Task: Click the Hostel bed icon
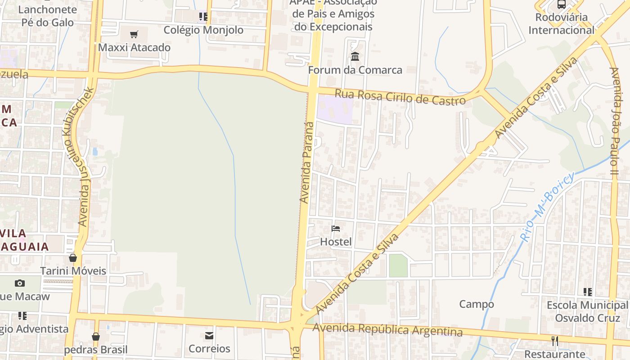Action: (336, 228)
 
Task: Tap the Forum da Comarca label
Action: (355, 70)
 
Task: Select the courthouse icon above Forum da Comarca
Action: (355, 56)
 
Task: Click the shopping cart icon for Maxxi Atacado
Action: (134, 34)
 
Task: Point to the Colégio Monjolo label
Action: (203, 30)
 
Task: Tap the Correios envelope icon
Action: (209, 335)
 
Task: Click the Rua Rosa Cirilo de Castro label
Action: (400, 97)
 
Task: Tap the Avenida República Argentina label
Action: (387, 329)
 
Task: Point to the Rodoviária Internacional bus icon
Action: (562, 4)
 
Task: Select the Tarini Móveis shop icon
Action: (73, 258)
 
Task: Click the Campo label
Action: (477, 304)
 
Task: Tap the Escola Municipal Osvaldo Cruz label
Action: (587, 311)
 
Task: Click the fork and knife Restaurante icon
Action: (555, 341)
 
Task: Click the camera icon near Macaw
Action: (20, 283)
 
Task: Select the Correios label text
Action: (209, 349)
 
